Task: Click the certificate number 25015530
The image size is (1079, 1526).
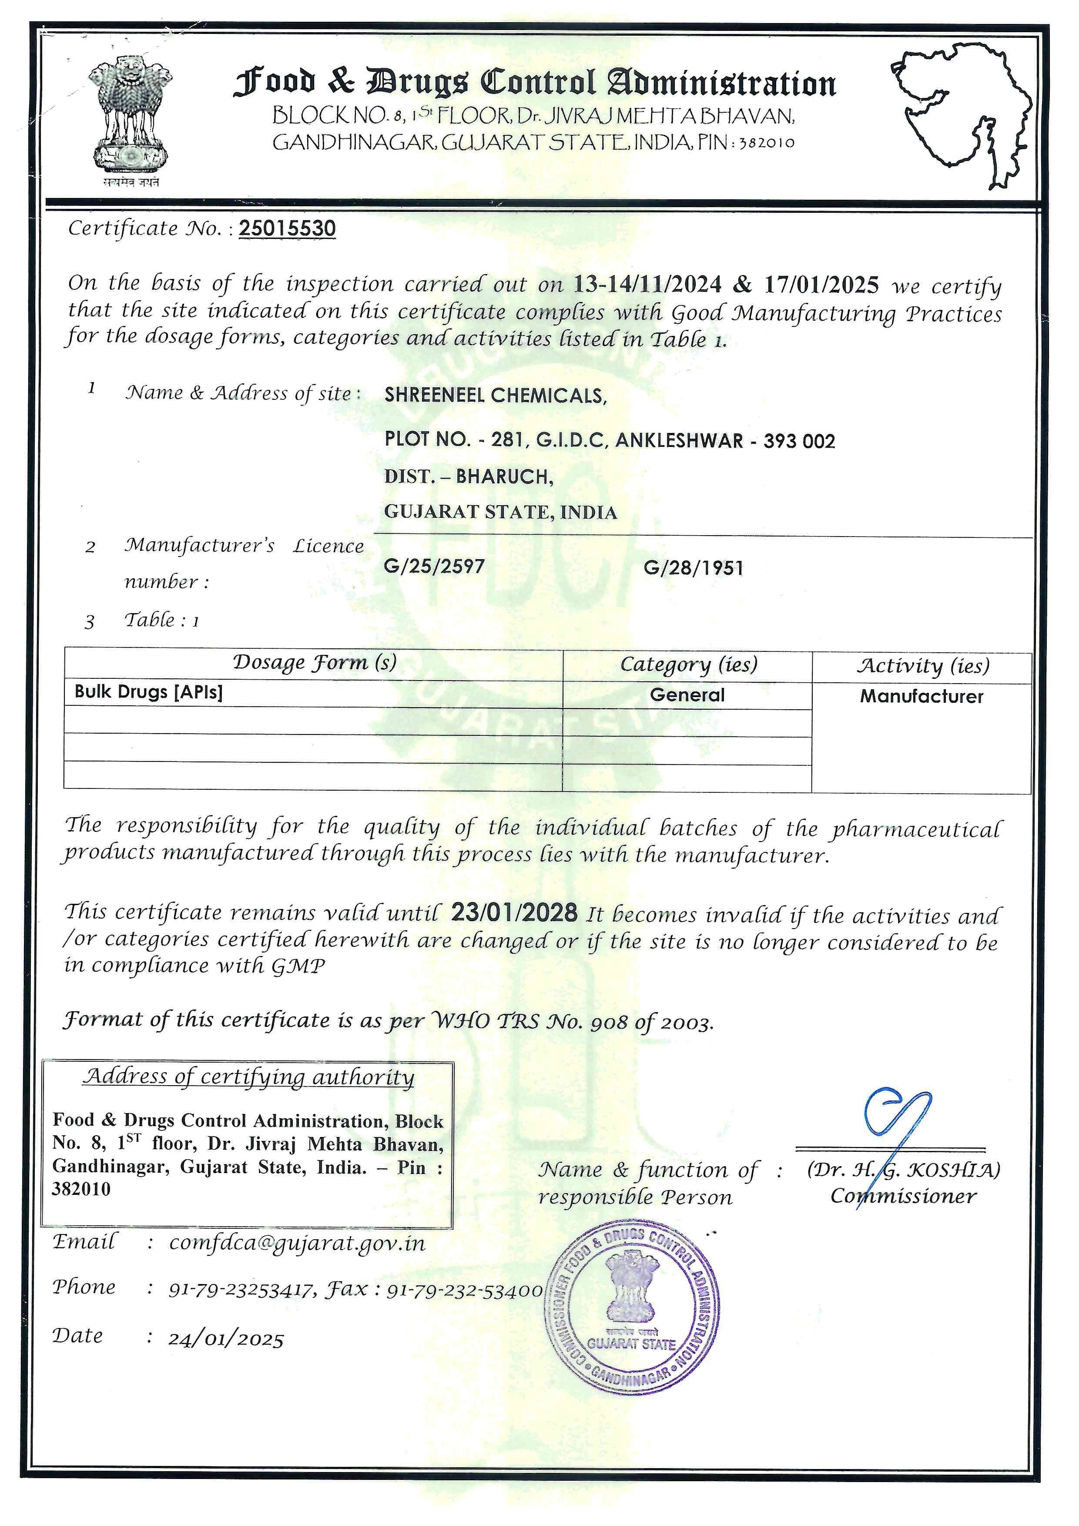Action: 287,228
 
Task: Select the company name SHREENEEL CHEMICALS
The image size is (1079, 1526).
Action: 495,396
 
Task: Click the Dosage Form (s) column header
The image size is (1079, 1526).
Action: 314,663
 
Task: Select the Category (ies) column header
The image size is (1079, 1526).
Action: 688,664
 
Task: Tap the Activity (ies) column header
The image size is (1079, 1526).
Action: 922,666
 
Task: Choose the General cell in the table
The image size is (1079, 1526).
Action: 687,695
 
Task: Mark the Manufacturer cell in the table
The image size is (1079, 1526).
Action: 922,697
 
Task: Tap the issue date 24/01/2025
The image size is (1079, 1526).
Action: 226,1339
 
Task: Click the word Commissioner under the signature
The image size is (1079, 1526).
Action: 903,1196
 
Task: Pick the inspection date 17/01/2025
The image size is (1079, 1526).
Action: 821,285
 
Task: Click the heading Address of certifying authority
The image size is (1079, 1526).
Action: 248,1077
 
